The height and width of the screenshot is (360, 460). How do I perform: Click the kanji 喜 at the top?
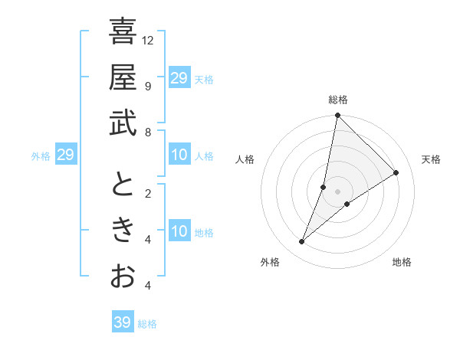coord(123,31)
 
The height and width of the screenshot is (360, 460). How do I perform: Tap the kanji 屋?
coord(123,77)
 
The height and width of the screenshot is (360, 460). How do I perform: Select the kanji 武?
coord(123,124)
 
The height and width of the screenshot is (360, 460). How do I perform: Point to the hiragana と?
coord(123,185)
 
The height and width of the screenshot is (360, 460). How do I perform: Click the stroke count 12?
coord(149,40)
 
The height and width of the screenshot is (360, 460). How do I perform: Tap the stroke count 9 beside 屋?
coord(147,86)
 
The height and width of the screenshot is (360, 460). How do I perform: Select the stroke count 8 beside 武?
coord(147,133)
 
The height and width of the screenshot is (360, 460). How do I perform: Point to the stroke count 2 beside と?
coord(147,193)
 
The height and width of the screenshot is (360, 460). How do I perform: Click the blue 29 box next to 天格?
coord(179,78)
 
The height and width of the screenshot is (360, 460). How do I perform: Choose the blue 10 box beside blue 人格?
coord(179,155)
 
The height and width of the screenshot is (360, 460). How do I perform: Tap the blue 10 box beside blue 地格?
coord(179,232)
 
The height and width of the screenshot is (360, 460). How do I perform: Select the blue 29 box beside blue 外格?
coord(65,155)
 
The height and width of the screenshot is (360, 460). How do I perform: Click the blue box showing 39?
coord(122,322)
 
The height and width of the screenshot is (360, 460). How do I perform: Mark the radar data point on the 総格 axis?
coord(337,116)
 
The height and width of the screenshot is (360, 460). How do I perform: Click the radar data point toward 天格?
coord(396,172)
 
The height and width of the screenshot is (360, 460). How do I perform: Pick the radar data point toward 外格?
coord(302,242)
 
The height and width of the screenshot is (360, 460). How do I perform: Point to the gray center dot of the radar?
coord(337,191)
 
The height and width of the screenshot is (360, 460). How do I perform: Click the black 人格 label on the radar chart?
coord(245,159)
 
